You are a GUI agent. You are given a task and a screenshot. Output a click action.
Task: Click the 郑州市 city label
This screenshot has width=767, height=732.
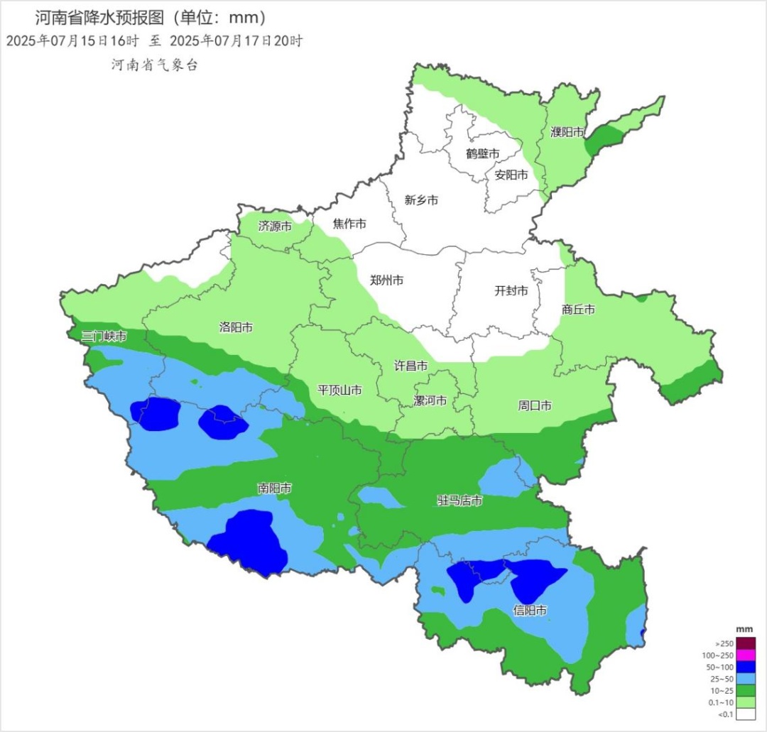[386, 280]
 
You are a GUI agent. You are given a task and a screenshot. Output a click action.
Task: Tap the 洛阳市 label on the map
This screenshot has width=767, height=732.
[236, 327]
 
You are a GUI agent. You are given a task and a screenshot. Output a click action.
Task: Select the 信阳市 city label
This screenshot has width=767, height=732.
[531, 610]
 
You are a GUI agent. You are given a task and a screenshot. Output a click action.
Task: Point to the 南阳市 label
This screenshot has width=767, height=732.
[274, 488]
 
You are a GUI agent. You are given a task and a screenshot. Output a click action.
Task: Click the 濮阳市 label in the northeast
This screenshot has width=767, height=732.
[567, 132]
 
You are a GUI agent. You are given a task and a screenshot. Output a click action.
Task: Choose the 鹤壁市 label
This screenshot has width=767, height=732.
[483, 153]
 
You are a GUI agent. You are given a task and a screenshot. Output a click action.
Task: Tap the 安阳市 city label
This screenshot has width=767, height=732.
[511, 175]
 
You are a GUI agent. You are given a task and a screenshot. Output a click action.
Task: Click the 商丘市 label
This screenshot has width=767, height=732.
[578, 310]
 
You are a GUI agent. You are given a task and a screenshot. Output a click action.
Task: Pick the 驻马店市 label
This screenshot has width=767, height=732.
[459, 501]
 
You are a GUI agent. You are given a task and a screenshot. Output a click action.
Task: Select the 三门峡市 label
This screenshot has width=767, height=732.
[104, 336]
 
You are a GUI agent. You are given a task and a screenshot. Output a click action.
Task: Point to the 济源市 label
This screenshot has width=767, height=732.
[275, 226]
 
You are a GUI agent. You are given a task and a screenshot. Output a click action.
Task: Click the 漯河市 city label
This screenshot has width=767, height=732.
[430, 401]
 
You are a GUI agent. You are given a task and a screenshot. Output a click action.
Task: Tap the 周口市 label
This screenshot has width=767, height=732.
[535, 406]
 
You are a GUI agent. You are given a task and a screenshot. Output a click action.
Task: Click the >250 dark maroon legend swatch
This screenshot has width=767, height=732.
[746, 643]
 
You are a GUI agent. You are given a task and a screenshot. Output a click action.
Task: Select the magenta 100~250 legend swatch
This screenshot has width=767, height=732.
[746, 655]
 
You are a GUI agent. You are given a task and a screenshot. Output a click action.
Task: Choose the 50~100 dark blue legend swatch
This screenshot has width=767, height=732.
[746, 667]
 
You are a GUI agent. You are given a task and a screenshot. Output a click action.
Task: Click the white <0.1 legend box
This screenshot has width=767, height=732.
[746, 714]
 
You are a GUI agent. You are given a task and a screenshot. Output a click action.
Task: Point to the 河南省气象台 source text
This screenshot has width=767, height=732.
[153, 65]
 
